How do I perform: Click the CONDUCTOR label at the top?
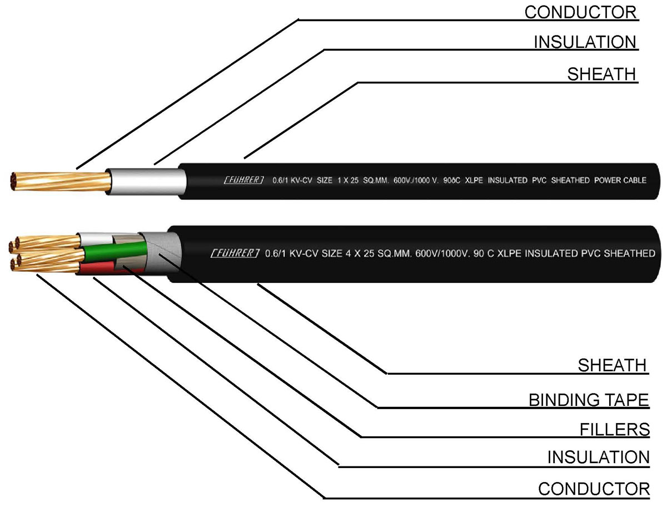(581, 12)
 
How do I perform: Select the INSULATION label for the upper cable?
(585, 42)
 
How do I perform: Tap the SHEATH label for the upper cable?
(601, 74)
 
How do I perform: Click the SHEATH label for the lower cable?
(613, 365)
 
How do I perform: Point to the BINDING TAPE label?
(588, 399)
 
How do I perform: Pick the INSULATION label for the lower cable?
(598, 457)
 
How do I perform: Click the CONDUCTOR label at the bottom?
(594, 489)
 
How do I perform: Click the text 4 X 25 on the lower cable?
(355, 254)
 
